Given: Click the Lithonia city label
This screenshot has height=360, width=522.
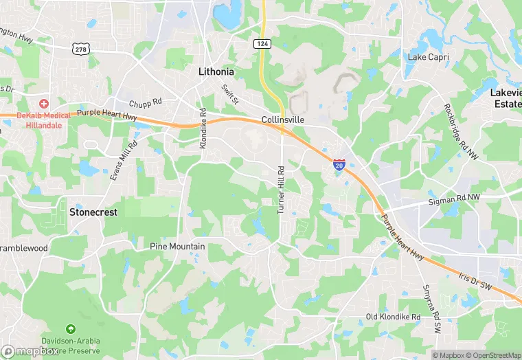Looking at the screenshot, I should coord(216,71).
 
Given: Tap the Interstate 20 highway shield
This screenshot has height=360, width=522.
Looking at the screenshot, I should coord(339,164).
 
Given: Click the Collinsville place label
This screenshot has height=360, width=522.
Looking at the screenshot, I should coord(283,120).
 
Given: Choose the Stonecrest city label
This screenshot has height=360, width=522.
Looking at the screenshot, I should coord(93,212).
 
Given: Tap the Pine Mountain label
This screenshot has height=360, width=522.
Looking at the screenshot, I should coord(177,246).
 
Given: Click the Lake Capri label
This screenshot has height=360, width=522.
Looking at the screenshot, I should coord(427,56).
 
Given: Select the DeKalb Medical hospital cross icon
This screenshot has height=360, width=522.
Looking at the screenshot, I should coord(44,103).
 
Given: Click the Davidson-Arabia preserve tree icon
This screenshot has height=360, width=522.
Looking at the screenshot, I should coord(71,330).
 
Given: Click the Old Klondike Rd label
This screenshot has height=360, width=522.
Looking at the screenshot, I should coord(392,317).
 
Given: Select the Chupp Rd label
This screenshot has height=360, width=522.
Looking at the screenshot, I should coord(145,102).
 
